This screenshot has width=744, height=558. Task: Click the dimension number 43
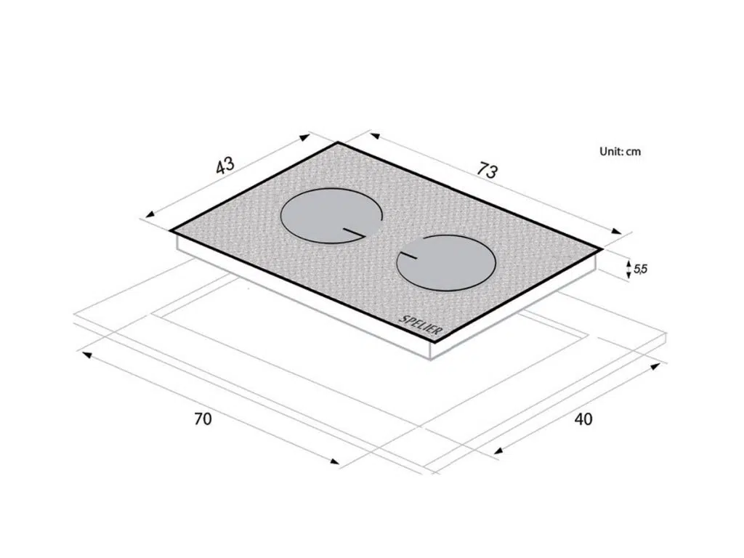(225, 166)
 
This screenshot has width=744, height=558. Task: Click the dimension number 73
(488, 170)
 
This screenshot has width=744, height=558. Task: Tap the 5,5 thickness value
(640, 269)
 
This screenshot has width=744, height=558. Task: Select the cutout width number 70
(203, 419)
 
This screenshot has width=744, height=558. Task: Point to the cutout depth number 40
(583, 419)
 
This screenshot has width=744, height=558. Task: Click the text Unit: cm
(620, 151)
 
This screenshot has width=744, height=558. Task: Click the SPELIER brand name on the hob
(420, 325)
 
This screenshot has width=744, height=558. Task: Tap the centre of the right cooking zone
(446, 263)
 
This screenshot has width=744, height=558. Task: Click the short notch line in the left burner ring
(354, 232)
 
